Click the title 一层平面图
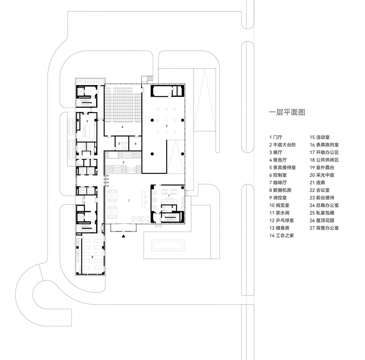click(x=287, y=112)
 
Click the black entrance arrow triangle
click(x=124, y=236)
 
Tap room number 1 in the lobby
click(x=129, y=201)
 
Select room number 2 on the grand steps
click(x=123, y=162)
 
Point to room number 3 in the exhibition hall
click(x=167, y=126)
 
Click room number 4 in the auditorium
click(x=122, y=127)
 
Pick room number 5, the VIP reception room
click(x=119, y=144)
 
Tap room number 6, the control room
click(x=135, y=144)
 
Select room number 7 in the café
click(x=169, y=196)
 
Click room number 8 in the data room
click(x=92, y=257)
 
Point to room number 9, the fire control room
click(x=87, y=122)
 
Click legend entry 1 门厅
click(x=276, y=137)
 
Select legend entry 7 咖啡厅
click(x=278, y=183)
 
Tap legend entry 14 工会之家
click(x=282, y=235)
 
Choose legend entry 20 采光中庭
click(x=322, y=175)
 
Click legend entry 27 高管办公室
click(x=324, y=228)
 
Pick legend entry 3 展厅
click(x=276, y=152)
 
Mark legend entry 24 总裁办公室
click(x=324, y=205)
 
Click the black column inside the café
click(x=183, y=188)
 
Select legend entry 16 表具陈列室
click(x=324, y=145)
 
